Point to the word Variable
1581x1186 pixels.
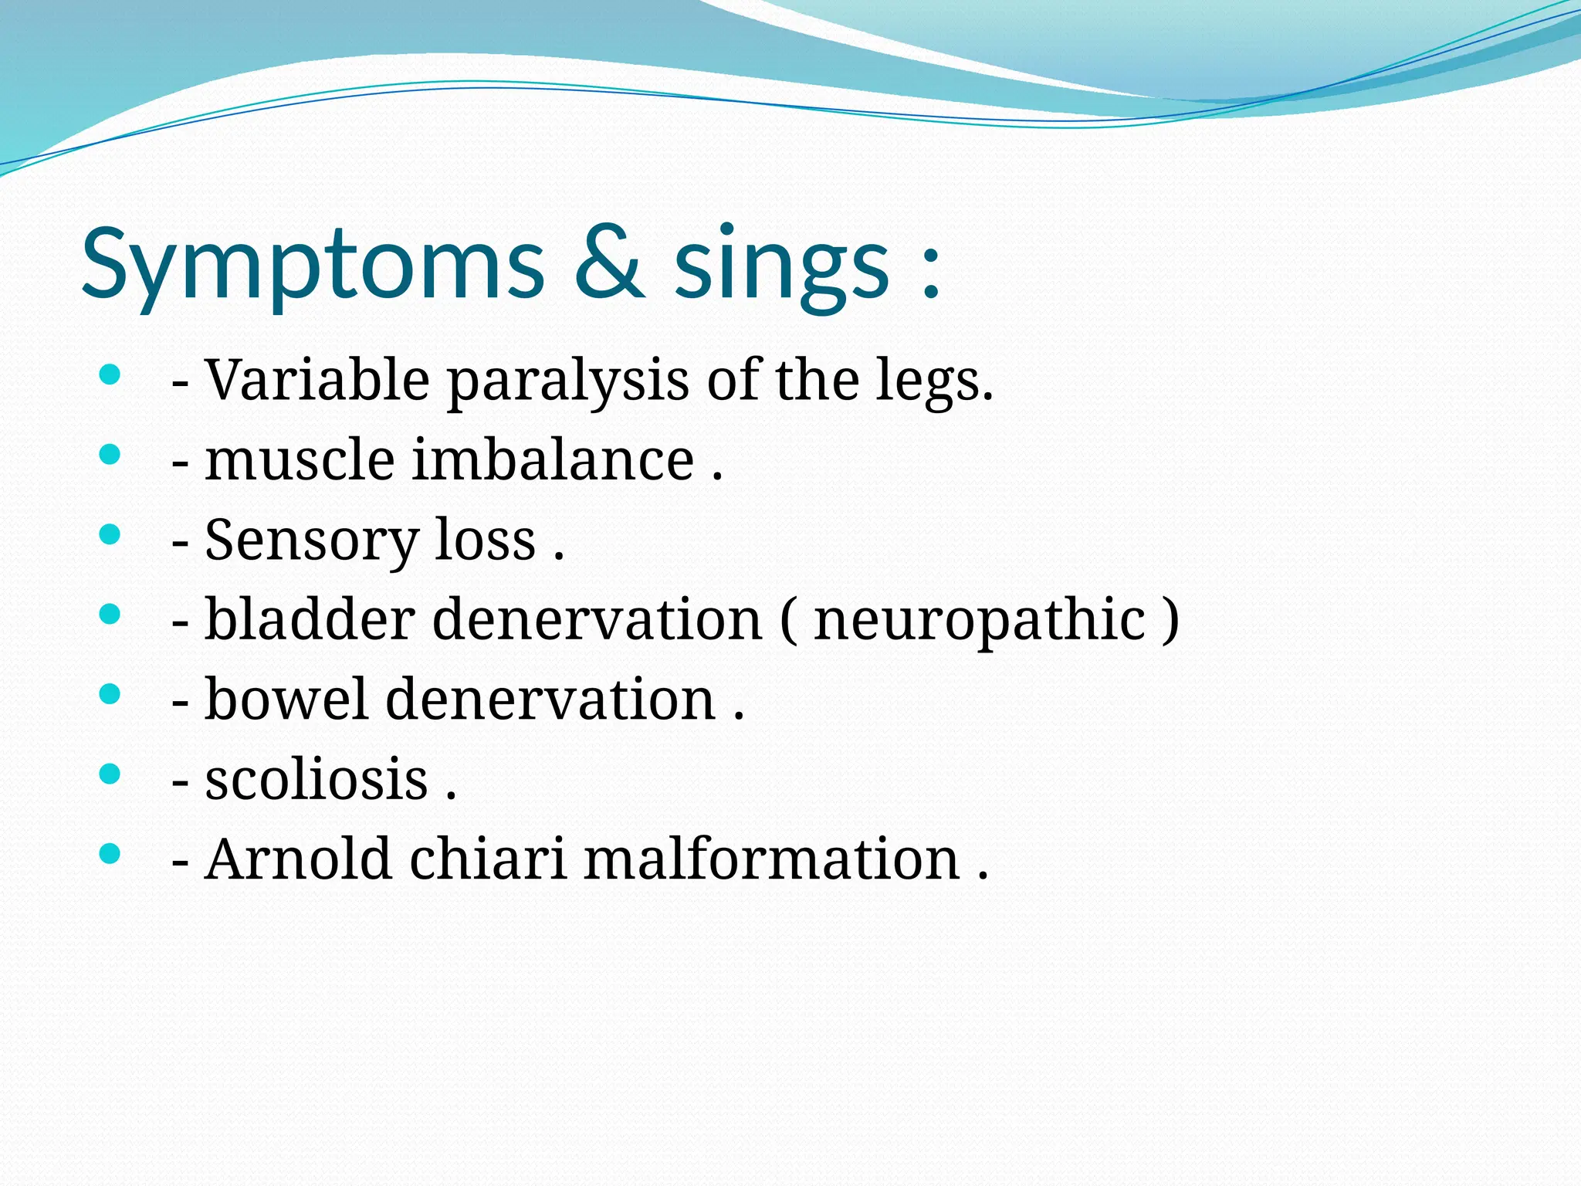[317, 380]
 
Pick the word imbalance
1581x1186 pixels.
[554, 460]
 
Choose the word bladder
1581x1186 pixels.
[310, 619]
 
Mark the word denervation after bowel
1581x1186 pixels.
[550, 700]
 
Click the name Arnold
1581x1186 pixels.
[298, 859]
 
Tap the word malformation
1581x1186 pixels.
[771, 859]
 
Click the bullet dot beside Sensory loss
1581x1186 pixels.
[110, 534]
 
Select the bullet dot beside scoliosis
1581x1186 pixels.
[110, 773]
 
